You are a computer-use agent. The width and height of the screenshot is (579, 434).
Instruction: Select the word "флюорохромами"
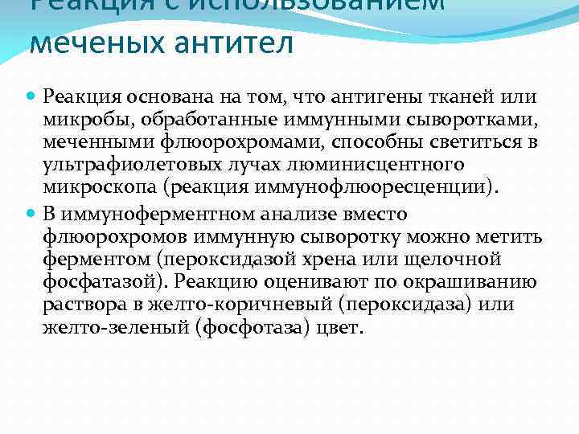coord(218,143)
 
